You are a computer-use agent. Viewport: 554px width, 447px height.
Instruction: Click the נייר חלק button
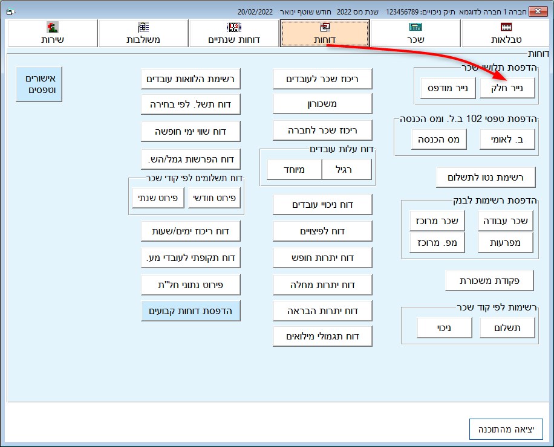(507, 88)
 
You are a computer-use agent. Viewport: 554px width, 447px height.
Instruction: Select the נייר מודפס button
(448, 88)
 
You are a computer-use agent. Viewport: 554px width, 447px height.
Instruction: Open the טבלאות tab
(506, 33)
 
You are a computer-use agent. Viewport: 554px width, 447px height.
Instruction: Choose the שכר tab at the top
(415, 33)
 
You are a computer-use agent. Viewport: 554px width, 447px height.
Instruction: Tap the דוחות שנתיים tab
(234, 33)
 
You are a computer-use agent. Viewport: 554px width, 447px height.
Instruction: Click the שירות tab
(52, 33)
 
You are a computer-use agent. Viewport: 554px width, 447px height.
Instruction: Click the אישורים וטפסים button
(39, 84)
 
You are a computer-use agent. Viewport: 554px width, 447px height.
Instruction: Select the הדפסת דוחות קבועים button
(191, 311)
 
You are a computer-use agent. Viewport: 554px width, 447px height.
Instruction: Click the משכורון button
(322, 104)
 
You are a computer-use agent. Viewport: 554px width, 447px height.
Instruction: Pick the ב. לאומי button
(507, 140)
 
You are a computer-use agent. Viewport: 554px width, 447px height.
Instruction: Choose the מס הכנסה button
(439, 140)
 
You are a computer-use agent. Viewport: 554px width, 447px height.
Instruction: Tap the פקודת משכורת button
(489, 281)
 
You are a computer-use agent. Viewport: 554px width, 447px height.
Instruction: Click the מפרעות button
(505, 243)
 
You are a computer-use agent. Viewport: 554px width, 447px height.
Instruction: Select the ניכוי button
(445, 328)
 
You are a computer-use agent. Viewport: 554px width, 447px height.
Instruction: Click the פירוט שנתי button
(158, 198)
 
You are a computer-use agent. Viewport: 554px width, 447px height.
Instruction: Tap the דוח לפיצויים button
(322, 231)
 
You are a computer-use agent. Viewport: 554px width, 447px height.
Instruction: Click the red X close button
(538, 11)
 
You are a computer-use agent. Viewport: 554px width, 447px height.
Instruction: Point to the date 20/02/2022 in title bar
(255, 12)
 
